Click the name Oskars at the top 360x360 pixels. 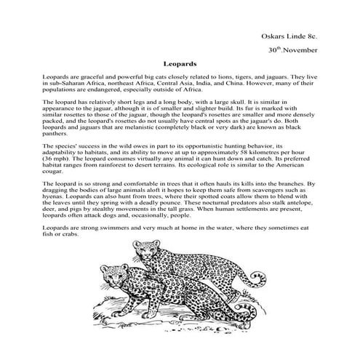[275, 36]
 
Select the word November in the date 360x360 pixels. [298, 52]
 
